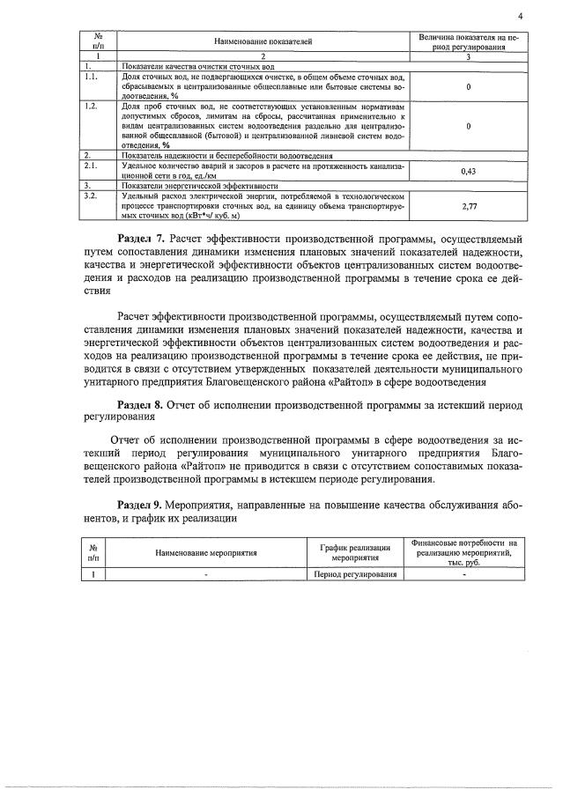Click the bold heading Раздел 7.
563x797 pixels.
[x=144, y=239]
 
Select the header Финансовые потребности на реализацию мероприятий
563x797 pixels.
[x=464, y=552]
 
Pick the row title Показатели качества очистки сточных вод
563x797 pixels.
[x=199, y=66]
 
